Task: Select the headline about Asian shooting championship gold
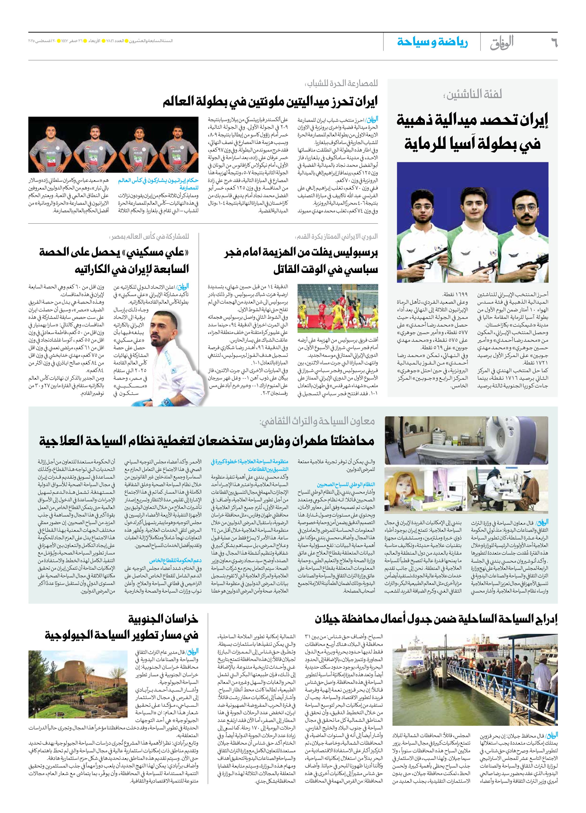coord(472,132)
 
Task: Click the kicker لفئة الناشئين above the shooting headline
coord(472,94)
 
